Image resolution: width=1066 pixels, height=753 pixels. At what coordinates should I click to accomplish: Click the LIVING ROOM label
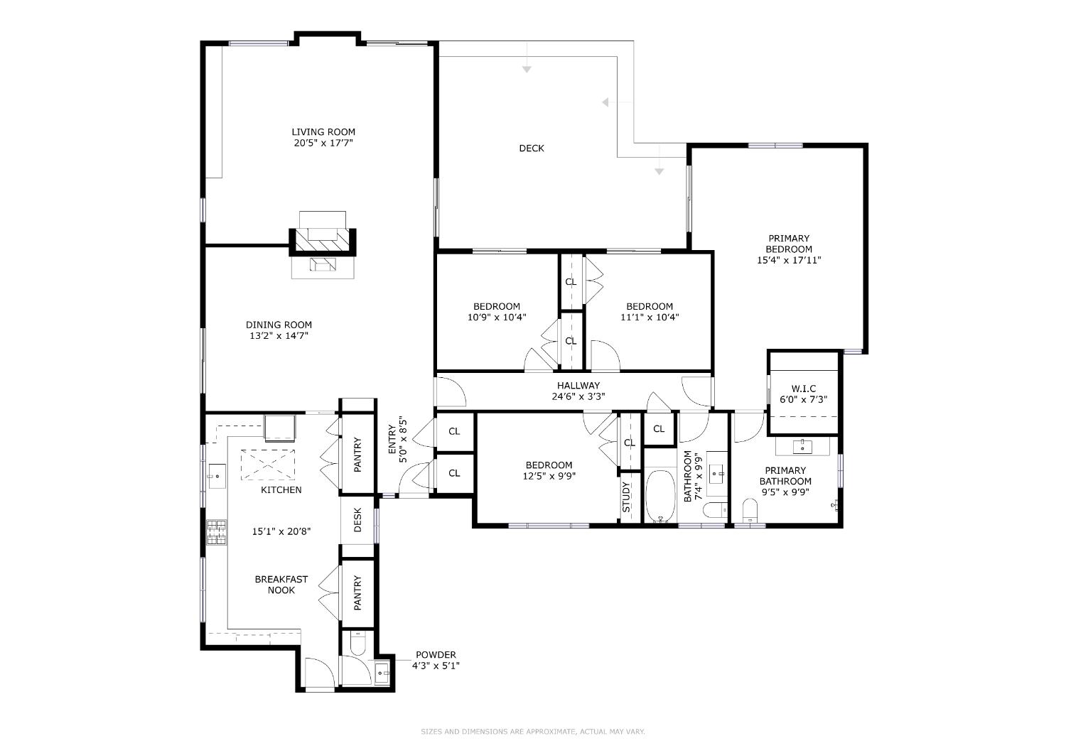pyautogui.click(x=323, y=131)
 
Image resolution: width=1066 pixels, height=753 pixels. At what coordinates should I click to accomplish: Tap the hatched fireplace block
pyautogui.click(x=323, y=242)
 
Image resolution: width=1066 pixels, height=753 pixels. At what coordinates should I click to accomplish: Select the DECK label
pyautogui.click(x=532, y=148)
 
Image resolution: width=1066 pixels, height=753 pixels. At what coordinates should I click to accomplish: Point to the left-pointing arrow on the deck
pyautogui.click(x=606, y=103)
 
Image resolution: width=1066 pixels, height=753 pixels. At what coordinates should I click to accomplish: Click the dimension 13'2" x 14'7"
pyautogui.click(x=279, y=336)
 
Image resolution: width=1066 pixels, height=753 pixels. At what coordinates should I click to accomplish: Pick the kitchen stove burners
pyautogui.click(x=217, y=532)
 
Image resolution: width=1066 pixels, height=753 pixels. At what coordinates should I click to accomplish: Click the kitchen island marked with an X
pyautogui.click(x=267, y=465)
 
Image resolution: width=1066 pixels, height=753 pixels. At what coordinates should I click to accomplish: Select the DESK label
pyautogui.click(x=357, y=520)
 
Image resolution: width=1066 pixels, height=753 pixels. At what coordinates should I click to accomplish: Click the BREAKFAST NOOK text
pyautogui.click(x=281, y=585)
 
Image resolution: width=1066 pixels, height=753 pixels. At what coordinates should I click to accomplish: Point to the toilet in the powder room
pyautogui.click(x=357, y=644)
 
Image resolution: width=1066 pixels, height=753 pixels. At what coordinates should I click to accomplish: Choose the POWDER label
pyautogui.click(x=436, y=655)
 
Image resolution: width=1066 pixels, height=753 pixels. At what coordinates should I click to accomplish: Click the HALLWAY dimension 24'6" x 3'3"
pyautogui.click(x=578, y=397)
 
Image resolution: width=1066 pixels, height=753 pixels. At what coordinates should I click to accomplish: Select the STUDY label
pyautogui.click(x=626, y=497)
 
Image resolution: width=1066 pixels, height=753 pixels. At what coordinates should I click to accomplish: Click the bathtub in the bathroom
pyautogui.click(x=660, y=496)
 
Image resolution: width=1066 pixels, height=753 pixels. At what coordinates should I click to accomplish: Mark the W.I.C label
pyautogui.click(x=804, y=389)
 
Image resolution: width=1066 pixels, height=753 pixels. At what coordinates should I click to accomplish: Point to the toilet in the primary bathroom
pyautogui.click(x=749, y=509)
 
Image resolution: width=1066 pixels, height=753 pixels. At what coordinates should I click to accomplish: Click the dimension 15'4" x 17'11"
pyautogui.click(x=789, y=260)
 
